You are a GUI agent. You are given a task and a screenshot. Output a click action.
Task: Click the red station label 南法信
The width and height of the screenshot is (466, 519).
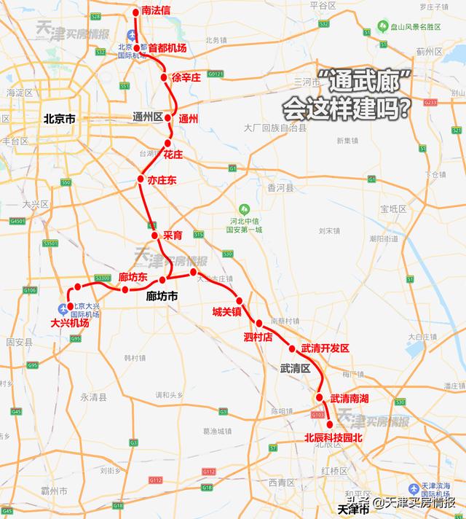(x=157, y=12)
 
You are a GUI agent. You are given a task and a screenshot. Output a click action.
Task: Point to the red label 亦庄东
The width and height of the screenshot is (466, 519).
(x=162, y=179)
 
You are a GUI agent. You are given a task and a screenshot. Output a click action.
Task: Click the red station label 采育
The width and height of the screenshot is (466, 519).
(x=172, y=235)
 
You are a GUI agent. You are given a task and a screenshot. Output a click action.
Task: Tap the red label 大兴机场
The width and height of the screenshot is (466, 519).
(x=71, y=321)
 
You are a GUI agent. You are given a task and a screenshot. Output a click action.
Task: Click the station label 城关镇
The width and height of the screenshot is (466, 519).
(x=226, y=312)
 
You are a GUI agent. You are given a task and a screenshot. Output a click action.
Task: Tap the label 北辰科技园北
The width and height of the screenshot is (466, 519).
(x=333, y=438)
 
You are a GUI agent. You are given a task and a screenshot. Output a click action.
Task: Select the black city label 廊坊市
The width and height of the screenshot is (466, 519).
(x=162, y=296)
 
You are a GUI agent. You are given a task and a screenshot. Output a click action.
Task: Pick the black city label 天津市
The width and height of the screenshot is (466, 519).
(x=354, y=508)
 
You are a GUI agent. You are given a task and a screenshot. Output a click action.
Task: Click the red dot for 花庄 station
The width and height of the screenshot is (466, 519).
(x=167, y=143)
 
